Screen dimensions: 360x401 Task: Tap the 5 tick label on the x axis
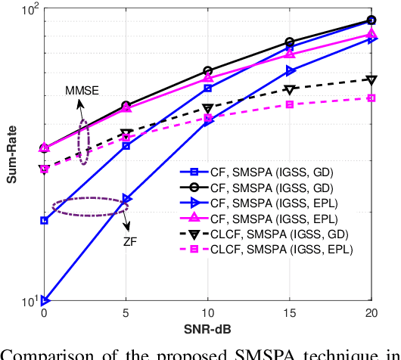tap(126, 312)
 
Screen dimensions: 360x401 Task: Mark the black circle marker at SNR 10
tap(208, 71)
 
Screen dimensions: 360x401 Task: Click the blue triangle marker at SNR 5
tap(126, 199)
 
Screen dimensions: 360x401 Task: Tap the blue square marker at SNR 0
tap(44, 221)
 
